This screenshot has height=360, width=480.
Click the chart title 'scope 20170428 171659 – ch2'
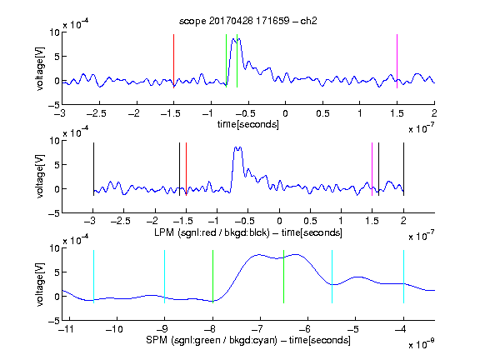pyautogui.click(x=248, y=21)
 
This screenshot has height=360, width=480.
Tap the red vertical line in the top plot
pyautogui.click(x=173, y=61)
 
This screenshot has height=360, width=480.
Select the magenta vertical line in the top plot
pyautogui.click(x=397, y=61)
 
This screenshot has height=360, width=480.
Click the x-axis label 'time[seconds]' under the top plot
pyautogui.click(x=248, y=124)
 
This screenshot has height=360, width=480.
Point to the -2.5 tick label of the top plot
pyautogui.click(x=97, y=113)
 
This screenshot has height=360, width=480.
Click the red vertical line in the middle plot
pyautogui.click(x=186, y=169)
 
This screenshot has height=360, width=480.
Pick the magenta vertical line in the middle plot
pyautogui.click(x=372, y=169)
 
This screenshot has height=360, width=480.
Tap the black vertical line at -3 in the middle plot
pyautogui.click(x=93, y=169)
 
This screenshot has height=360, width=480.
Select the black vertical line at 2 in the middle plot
pyautogui.click(x=403, y=169)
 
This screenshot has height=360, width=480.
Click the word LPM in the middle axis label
pyautogui.click(x=164, y=232)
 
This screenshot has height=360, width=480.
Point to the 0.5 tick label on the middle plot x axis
pyautogui.click(x=310, y=221)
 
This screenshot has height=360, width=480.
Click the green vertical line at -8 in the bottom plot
pyautogui.click(x=212, y=277)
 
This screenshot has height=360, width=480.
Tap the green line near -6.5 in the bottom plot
pyautogui.click(x=284, y=277)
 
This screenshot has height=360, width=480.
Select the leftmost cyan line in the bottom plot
pyautogui.click(x=93, y=277)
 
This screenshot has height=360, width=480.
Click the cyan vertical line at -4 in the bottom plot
pyautogui.click(x=403, y=277)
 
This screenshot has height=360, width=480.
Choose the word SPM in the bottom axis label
pyautogui.click(x=157, y=340)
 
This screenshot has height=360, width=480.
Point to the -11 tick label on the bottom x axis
pyautogui.click(x=67, y=329)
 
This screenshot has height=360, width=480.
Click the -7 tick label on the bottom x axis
pyautogui.click(x=258, y=329)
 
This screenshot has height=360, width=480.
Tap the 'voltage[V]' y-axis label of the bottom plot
pyautogui.click(x=40, y=284)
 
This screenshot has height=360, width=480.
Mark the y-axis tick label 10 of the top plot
pyautogui.click(x=54, y=32)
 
